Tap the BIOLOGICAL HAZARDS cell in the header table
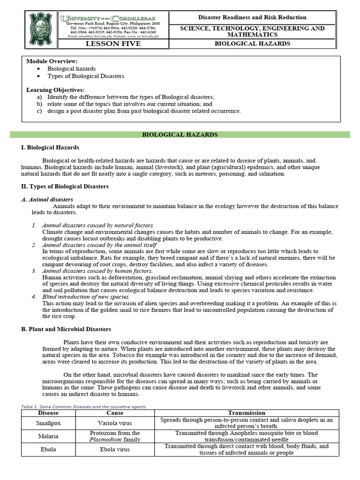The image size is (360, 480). pyautogui.click(x=258, y=44)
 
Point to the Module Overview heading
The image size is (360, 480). pyautogui.click(x=52, y=61)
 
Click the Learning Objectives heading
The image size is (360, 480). pyautogui.click(x=55, y=90)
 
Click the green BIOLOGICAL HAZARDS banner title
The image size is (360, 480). pyautogui.click(x=180, y=135)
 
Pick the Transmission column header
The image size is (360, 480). pyautogui.click(x=247, y=412)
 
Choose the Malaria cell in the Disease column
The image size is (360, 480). pyautogui.click(x=47, y=436)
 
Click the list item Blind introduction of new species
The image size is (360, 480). pyautogui.click(x=86, y=297)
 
